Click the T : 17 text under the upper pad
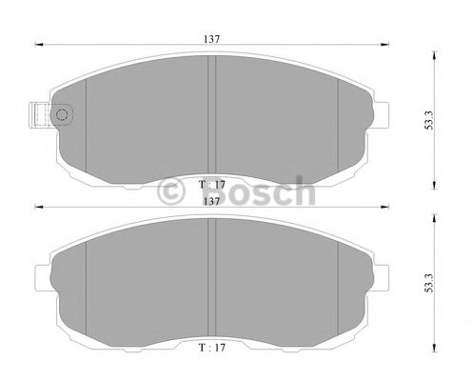[210, 184]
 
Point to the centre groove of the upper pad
[213, 114]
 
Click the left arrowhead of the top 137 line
[38, 44]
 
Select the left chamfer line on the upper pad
[87, 114]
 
